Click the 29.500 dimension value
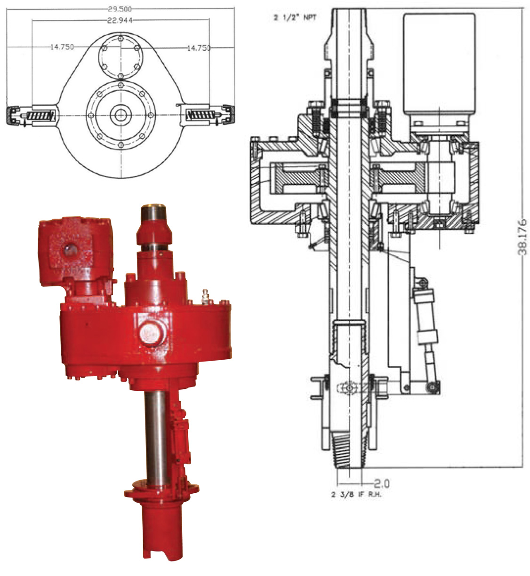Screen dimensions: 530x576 [120, 9]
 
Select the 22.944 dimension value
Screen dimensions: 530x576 [120, 20]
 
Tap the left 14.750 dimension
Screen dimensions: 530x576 [62, 47]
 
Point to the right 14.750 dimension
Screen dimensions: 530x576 [199, 48]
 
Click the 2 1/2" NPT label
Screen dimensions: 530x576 [295, 17]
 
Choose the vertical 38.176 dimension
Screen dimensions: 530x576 [522, 237]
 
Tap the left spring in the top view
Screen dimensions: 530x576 [40, 116]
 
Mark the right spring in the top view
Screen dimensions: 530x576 [201, 115]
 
